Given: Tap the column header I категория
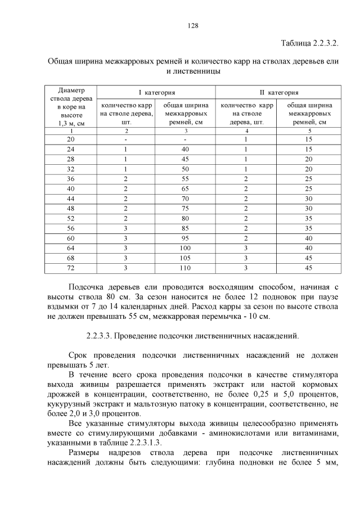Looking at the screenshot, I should [156, 92].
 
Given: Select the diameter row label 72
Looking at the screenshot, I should [70, 268].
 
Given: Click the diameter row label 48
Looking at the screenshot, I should [70, 207].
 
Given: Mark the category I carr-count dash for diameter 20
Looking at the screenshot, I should [126, 139].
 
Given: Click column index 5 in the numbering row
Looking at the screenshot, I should [309, 130].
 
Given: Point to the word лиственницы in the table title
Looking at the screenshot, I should [191, 71].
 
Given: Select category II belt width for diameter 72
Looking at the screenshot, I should [309, 268].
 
